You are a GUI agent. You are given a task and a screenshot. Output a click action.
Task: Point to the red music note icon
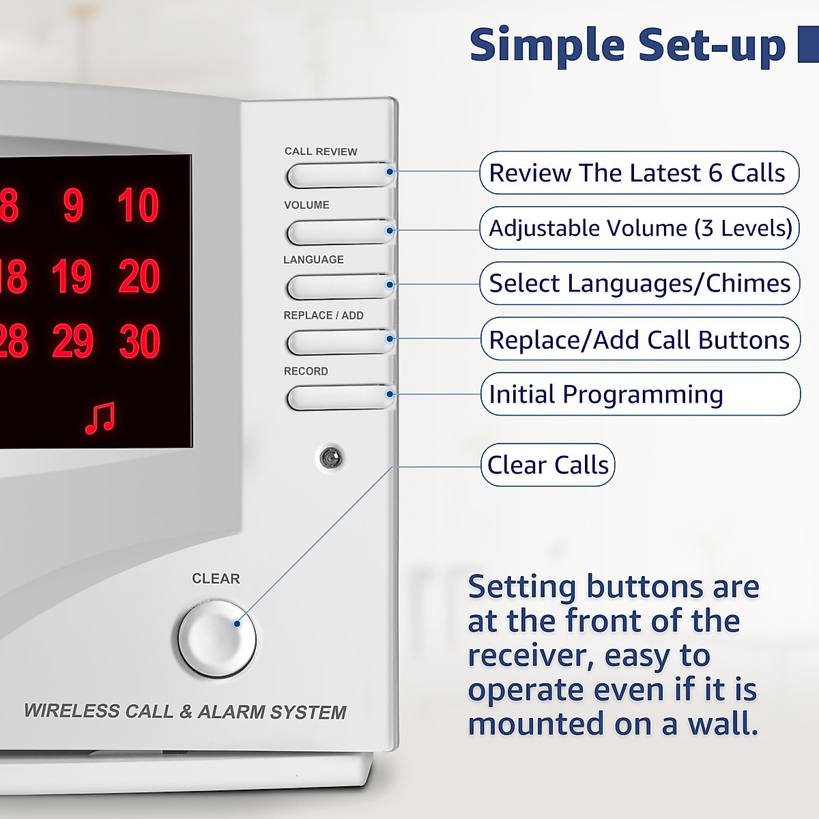click(100, 418)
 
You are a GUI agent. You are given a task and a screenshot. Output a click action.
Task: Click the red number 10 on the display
click(138, 205)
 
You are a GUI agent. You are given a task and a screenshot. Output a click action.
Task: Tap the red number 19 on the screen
click(71, 276)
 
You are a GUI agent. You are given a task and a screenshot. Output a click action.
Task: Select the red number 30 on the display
click(140, 341)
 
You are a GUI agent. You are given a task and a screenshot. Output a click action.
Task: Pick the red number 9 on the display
click(73, 205)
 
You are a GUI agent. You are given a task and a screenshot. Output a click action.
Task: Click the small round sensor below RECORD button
click(331, 458)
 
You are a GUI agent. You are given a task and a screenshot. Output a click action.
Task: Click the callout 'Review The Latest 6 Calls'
click(639, 173)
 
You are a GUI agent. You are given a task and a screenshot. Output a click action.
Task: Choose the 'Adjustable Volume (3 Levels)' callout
click(640, 228)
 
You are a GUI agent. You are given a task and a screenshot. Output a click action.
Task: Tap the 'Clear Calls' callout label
click(547, 465)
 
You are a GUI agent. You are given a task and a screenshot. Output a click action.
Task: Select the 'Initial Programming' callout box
click(640, 394)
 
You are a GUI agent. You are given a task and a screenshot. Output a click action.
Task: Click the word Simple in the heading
click(547, 45)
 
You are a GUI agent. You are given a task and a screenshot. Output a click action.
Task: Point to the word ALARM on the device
click(229, 712)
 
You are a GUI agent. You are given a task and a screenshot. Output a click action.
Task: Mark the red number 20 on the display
click(139, 276)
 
